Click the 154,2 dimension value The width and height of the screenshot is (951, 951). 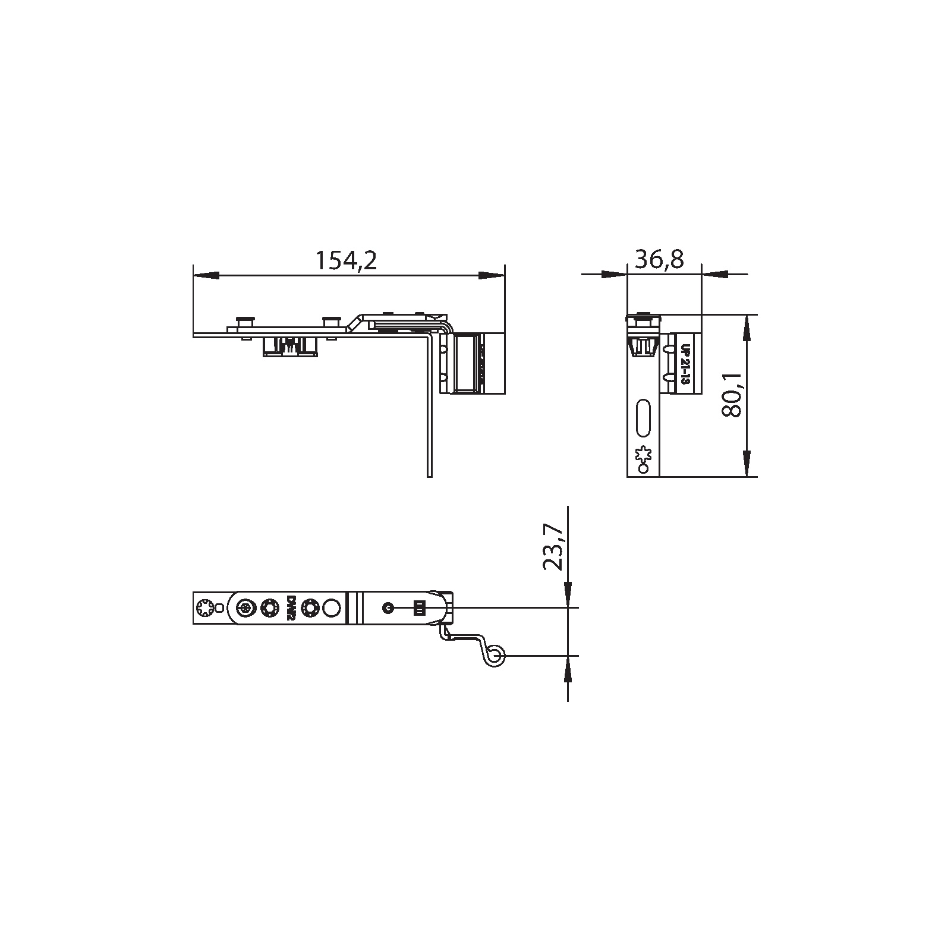[345, 260]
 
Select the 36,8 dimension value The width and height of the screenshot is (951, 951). [660, 259]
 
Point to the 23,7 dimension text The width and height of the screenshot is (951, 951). [553, 547]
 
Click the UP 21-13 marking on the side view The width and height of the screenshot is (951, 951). [684, 365]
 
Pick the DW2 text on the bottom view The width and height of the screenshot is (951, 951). [291, 608]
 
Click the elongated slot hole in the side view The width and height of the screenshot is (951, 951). [644, 417]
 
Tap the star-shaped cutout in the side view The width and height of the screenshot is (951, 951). [643, 455]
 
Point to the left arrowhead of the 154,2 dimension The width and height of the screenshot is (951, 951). [206, 275]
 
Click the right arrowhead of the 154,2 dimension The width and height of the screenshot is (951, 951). [492, 275]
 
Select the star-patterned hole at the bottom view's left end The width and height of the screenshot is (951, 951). [204, 607]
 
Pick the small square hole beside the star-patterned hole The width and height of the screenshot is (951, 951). [219, 607]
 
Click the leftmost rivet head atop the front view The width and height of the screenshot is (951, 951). [244, 320]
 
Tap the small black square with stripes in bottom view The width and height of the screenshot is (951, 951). [420, 607]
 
